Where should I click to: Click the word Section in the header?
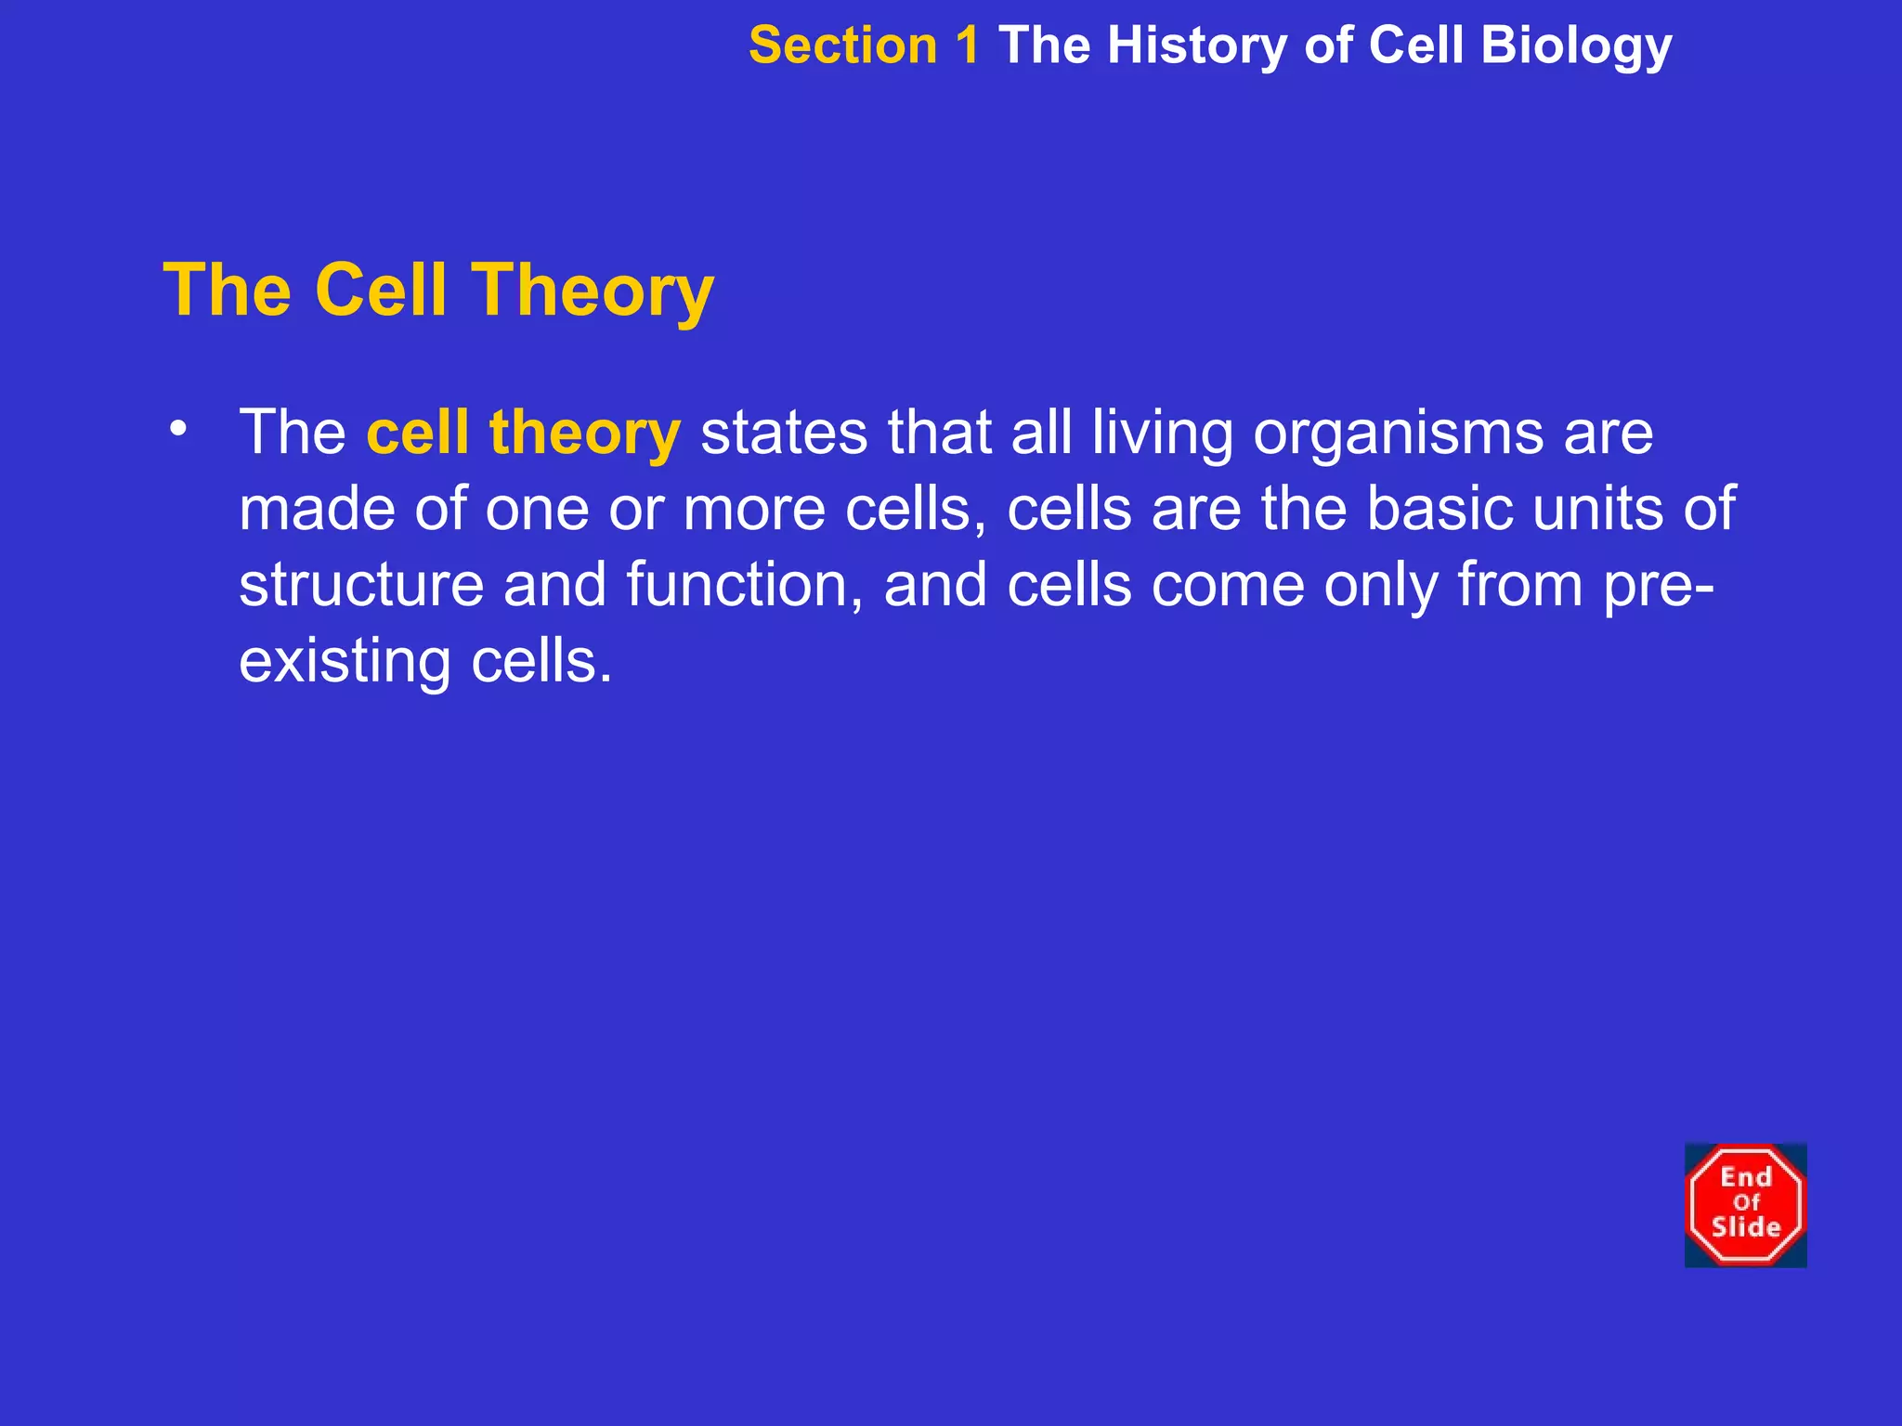coord(842,45)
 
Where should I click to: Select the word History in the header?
coord(1196,45)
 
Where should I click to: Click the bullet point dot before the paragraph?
coord(178,429)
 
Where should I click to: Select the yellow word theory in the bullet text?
coord(585,434)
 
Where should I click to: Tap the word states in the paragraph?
coord(784,434)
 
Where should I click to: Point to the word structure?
coord(361,585)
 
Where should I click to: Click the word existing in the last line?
coord(345,663)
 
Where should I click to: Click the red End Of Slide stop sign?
coord(1745,1204)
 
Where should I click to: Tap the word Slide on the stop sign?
coord(1746,1227)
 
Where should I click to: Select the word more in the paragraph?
coord(754,509)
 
